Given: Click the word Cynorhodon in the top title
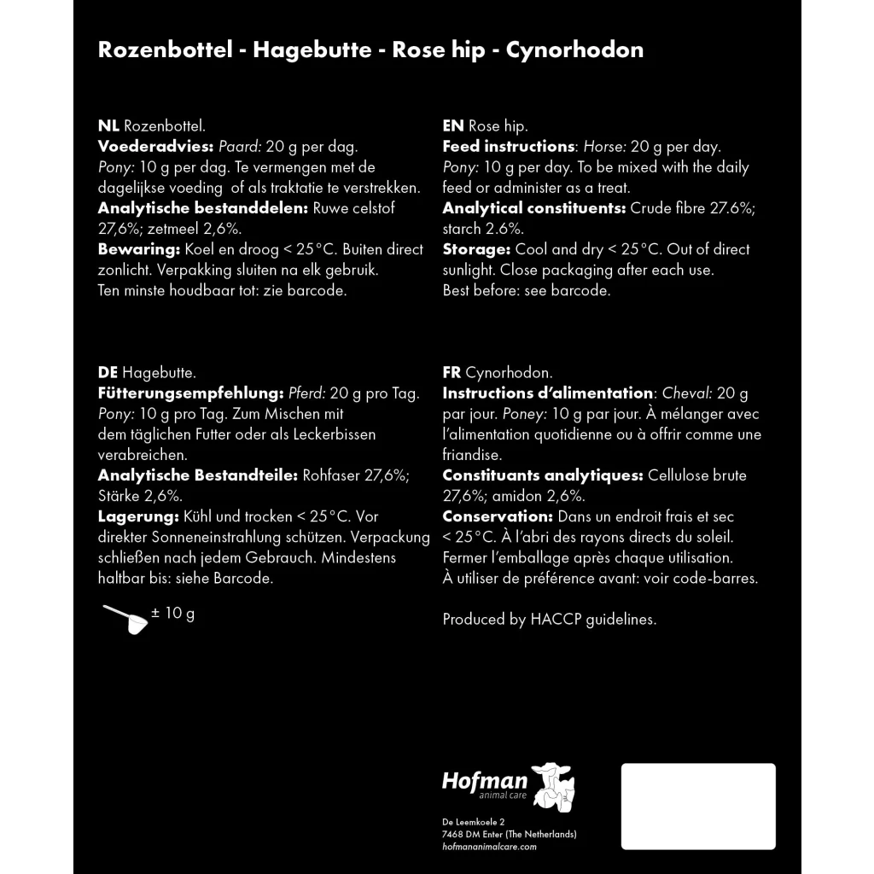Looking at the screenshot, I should pyautogui.click(x=574, y=50).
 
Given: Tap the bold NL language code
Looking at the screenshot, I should pyautogui.click(x=108, y=125).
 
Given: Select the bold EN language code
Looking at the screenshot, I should pyautogui.click(x=453, y=125).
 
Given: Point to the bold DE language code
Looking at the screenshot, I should pyautogui.click(x=108, y=373).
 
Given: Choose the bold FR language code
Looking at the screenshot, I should pyautogui.click(x=452, y=373).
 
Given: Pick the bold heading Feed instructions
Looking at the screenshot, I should pyautogui.click(x=509, y=146).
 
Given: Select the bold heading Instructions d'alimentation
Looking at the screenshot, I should pyautogui.click(x=548, y=393).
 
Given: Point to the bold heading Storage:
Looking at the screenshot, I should pyautogui.click(x=476, y=249).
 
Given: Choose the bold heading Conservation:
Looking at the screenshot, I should pyautogui.click(x=498, y=517).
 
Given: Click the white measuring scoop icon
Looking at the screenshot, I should pyautogui.click(x=126, y=619).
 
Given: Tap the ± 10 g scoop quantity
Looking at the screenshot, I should pyautogui.click(x=173, y=613).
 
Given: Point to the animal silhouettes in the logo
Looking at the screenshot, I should pyautogui.click(x=553, y=786).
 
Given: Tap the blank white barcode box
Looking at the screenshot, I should pyautogui.click(x=698, y=807).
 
